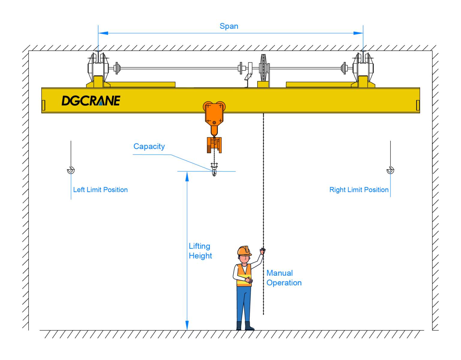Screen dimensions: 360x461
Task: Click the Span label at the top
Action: (229, 26)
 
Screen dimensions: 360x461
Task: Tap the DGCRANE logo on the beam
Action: (91, 101)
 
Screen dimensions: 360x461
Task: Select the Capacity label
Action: (149, 146)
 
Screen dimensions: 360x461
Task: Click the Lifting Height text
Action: (200, 251)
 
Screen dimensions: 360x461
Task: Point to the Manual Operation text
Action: (284, 278)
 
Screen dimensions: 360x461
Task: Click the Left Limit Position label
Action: (100, 190)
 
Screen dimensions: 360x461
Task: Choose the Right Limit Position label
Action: (359, 190)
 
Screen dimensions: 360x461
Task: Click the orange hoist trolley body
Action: (214, 114)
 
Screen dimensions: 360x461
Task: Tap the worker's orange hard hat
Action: (244, 251)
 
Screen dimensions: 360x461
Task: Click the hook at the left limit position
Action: (71, 170)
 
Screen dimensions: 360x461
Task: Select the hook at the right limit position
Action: (390, 170)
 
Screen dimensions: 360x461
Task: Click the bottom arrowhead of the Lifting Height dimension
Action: (187, 325)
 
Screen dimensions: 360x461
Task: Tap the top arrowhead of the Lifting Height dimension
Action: (187, 177)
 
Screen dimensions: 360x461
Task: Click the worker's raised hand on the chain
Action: (263, 251)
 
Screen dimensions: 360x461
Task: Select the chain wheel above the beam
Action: (263, 68)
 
